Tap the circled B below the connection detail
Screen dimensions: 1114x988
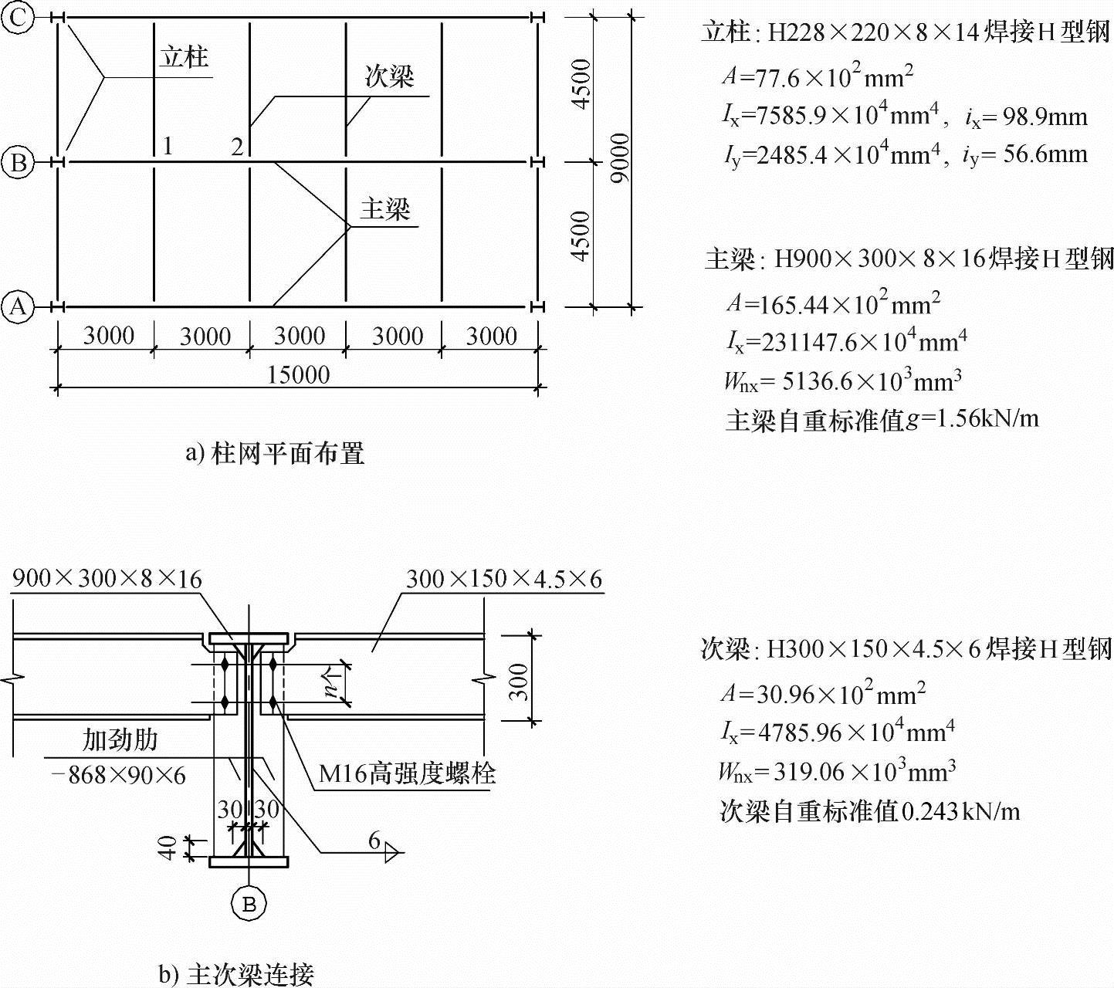249,903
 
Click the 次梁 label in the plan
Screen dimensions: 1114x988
389,76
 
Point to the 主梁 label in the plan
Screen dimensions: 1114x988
384,208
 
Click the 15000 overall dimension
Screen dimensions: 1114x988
298,375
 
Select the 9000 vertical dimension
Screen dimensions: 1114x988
620,158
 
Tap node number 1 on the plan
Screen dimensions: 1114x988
167,145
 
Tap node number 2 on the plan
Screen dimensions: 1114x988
237,146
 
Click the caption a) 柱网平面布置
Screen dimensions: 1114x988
275,453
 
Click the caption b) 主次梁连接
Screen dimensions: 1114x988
236,974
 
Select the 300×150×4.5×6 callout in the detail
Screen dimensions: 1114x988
503,579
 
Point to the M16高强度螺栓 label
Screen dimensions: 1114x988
407,773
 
